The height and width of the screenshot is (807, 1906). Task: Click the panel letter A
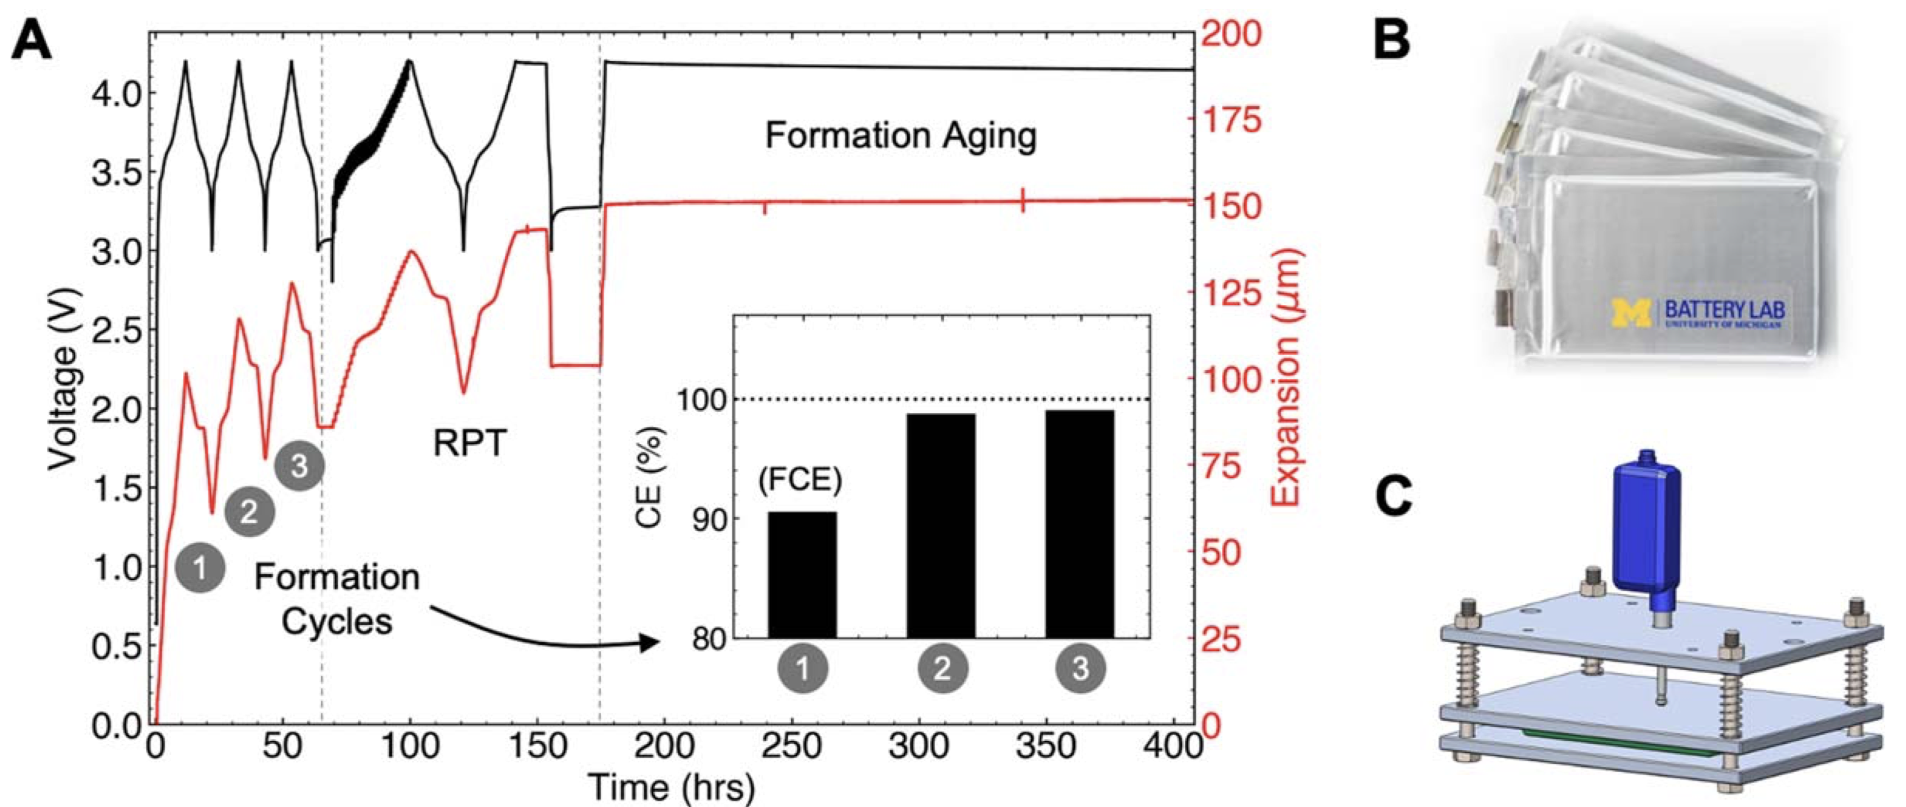tap(31, 42)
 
